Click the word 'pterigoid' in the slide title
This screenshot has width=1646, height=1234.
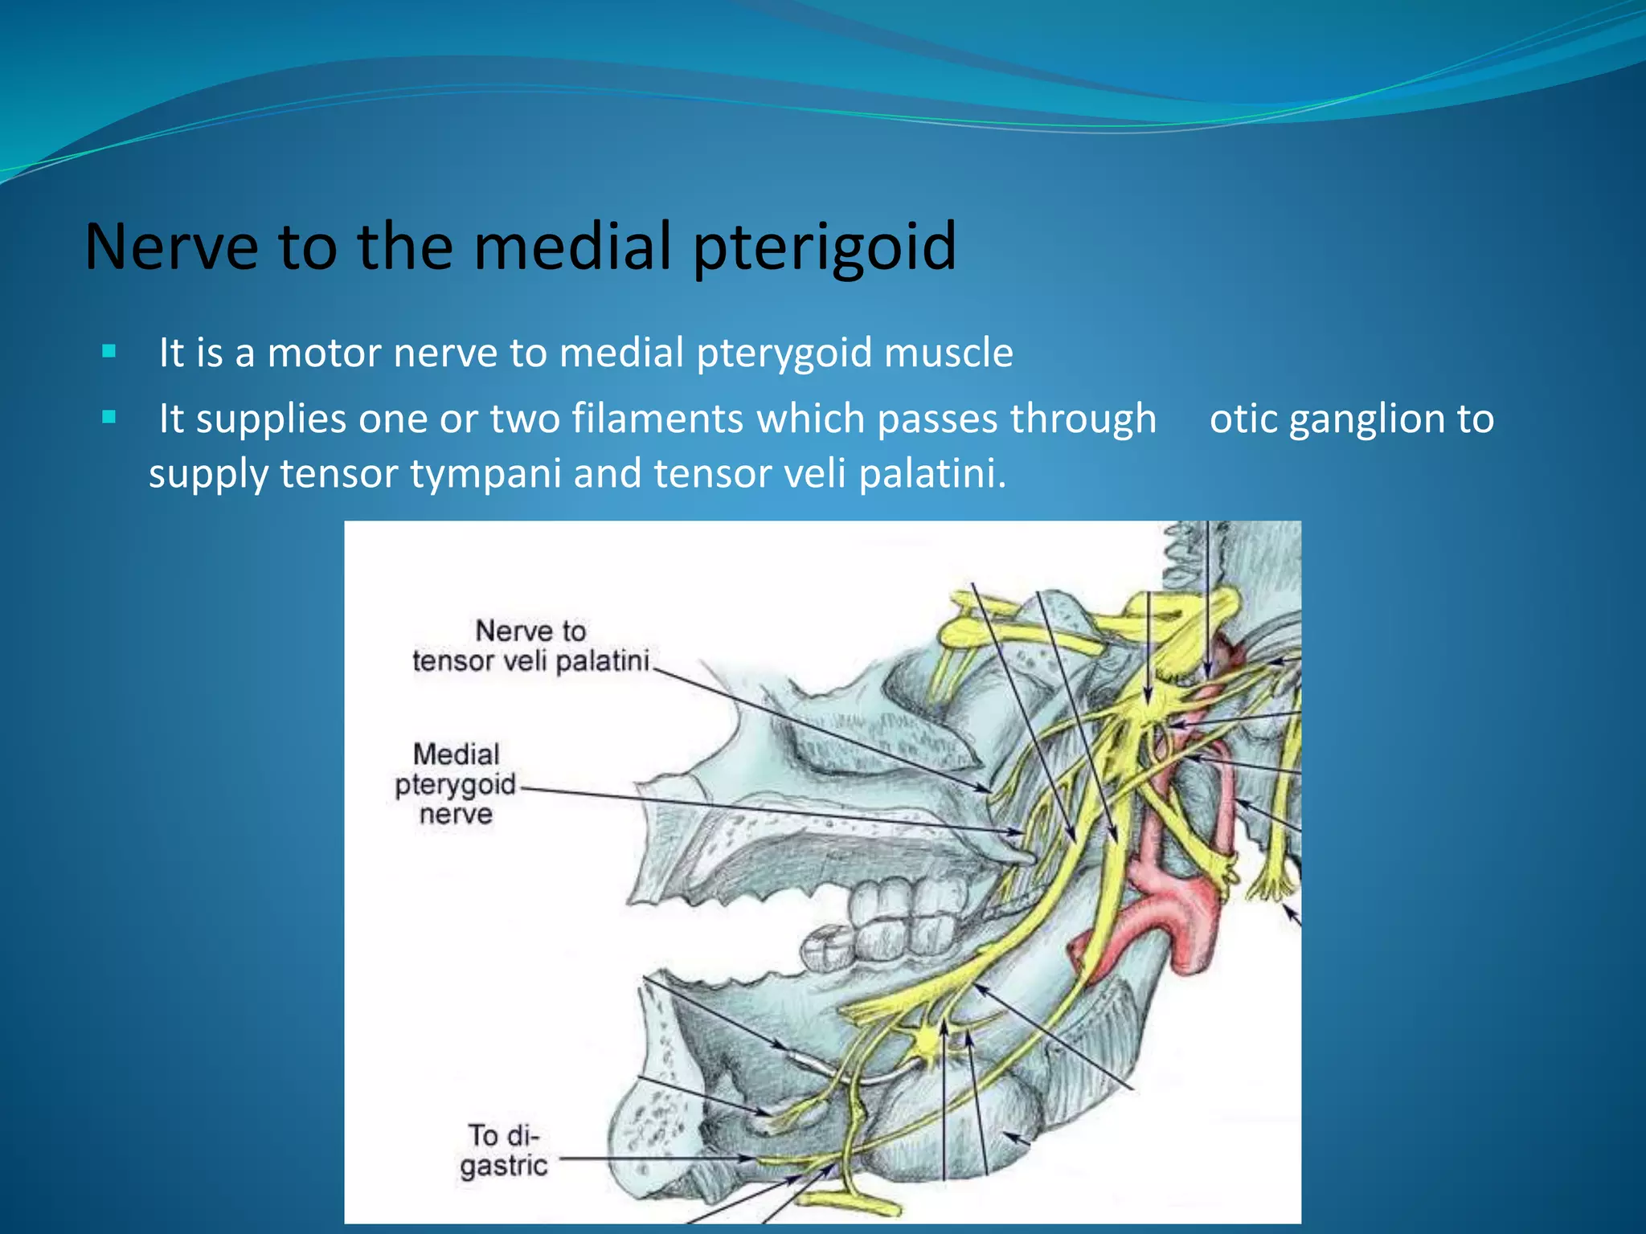click(825, 247)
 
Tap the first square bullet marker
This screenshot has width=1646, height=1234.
click(109, 351)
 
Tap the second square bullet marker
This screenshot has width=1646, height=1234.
click(109, 417)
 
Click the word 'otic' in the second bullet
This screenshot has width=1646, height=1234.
click(1243, 419)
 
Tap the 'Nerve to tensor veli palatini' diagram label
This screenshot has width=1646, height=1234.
click(530, 646)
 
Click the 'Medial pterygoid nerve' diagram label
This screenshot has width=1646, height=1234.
click(456, 784)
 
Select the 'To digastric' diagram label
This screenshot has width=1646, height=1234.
click(504, 1150)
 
